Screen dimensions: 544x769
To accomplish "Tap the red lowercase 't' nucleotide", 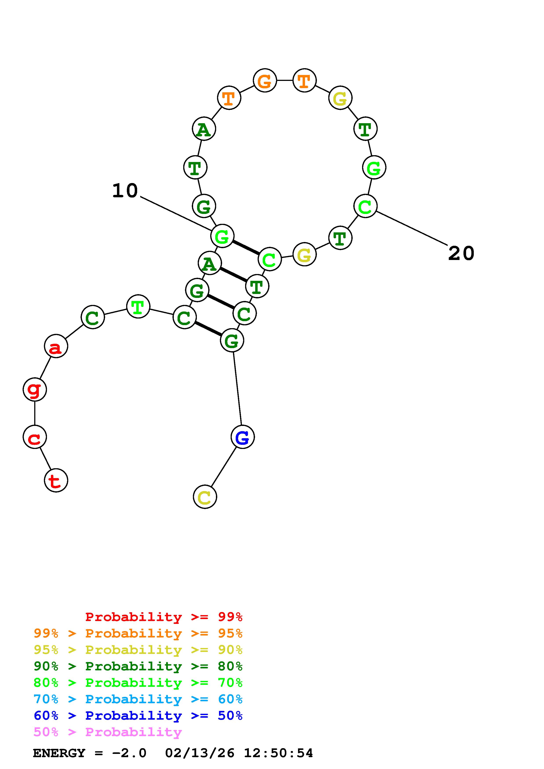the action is click(56, 480).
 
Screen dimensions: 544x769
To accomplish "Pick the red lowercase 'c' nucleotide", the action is click(34, 437).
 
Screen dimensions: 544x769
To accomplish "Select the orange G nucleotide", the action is click(265, 80).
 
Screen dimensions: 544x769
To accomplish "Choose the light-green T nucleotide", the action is click(138, 306).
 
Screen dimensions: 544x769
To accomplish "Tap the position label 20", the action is click(461, 253).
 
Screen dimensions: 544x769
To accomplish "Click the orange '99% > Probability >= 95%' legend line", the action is click(138, 633).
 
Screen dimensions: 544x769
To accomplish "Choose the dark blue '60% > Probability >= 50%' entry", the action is click(138, 716).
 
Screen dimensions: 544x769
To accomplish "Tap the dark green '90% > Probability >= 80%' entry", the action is click(138, 666).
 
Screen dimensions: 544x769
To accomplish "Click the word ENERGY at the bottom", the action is click(59, 753).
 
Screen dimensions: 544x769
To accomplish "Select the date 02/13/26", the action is click(200, 753).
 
